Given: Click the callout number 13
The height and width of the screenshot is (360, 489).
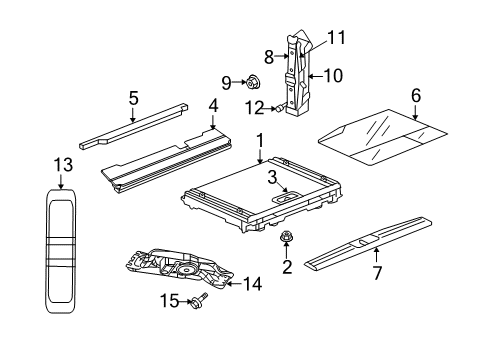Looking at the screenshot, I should click(x=62, y=162).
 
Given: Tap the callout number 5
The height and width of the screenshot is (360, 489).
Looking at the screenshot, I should click(x=133, y=98).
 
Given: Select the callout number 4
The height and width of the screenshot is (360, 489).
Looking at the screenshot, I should click(x=212, y=104).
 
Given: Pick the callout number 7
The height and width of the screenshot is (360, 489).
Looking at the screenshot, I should click(x=377, y=271).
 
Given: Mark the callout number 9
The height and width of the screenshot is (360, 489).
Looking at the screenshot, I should click(x=225, y=81).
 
